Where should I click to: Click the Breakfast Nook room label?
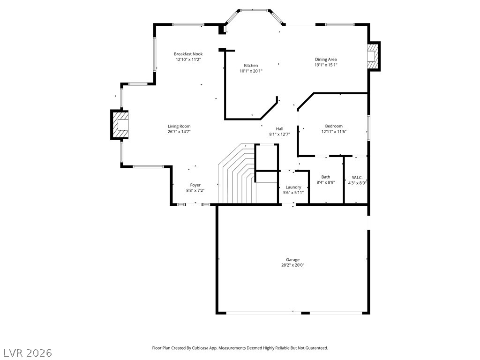[x=188, y=54]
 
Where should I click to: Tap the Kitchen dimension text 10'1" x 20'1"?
[x=251, y=71]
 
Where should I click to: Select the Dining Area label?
[x=326, y=60]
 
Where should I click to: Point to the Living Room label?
[x=179, y=126]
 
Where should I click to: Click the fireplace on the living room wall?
[x=120, y=125]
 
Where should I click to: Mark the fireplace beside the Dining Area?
[x=374, y=56]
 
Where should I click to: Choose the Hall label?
[x=279, y=129]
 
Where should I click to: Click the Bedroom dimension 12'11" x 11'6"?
[x=334, y=132]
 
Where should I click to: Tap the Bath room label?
[x=326, y=177]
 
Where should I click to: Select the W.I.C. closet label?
[x=357, y=178]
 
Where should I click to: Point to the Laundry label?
[x=293, y=187]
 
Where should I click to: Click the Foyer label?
[x=195, y=185]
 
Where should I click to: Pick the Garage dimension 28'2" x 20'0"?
[x=292, y=265]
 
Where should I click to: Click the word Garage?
[x=292, y=260]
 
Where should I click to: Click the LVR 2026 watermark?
[x=26, y=353]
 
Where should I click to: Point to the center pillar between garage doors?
[x=306, y=313]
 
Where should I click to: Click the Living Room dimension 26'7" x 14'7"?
[x=179, y=132]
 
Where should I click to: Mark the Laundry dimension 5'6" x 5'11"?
[x=293, y=193]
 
